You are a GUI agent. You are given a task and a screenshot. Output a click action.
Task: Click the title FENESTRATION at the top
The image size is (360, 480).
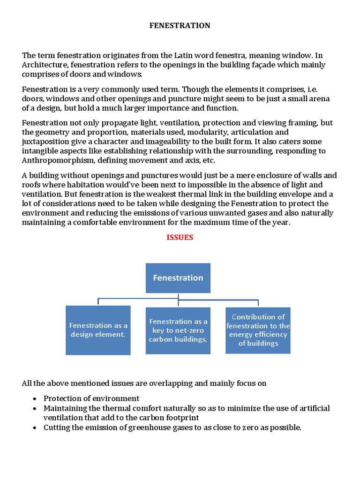coord(180,26)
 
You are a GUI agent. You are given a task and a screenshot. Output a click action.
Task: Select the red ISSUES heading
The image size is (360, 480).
coord(180,237)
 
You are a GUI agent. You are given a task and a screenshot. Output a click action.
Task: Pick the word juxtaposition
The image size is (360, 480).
coord(45,142)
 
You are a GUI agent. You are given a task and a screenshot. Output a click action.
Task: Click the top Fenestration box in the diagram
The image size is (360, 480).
coord(178,278)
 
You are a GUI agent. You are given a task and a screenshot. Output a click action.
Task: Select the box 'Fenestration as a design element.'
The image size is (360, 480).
coord(98,330)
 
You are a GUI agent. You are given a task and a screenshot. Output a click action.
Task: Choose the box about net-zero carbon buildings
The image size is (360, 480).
coord(178,330)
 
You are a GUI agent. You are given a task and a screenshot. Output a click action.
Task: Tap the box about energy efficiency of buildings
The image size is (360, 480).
coord(258,330)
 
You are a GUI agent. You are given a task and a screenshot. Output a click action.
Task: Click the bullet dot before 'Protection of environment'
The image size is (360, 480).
coord(35,398)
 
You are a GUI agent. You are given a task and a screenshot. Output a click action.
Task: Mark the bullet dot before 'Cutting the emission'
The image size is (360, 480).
coord(35,427)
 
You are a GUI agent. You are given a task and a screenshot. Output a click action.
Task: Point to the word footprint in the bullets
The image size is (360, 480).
coord(183,417)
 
